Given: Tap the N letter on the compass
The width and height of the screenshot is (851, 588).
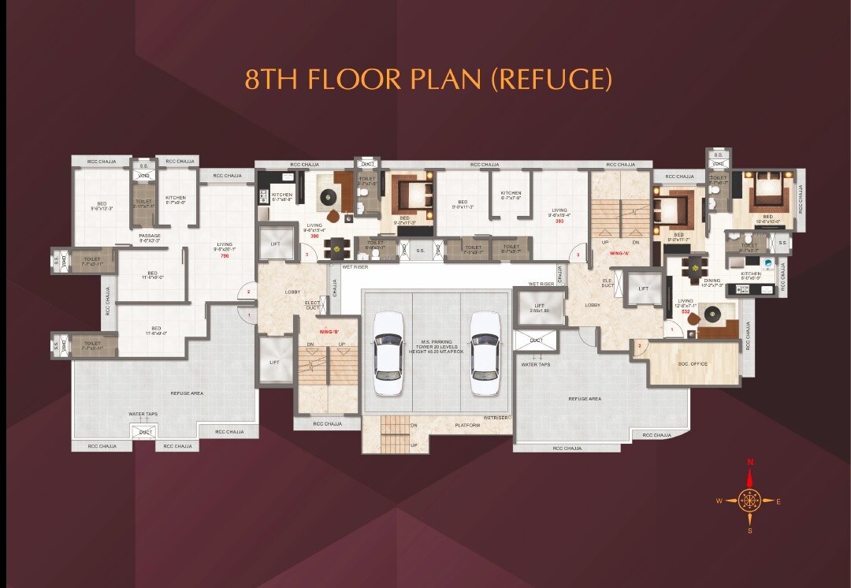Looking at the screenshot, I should click(750, 462).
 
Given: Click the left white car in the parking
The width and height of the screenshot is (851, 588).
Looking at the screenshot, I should click(388, 353).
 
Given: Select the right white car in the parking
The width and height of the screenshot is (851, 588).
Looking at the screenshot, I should click(485, 353).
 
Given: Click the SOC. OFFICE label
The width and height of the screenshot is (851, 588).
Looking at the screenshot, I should click(693, 364).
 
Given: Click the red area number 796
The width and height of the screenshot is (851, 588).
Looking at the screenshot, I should click(225, 255).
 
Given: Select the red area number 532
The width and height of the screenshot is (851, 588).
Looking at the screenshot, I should click(686, 312).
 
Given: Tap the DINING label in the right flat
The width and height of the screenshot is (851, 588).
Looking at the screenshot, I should click(712, 282).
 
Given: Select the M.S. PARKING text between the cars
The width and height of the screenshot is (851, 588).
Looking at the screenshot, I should click(435, 344).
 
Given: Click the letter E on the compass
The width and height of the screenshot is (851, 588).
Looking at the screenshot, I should click(779, 501).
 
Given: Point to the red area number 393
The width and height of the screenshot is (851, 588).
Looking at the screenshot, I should click(559, 221).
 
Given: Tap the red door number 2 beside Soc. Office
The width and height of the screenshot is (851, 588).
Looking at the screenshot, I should click(640, 345).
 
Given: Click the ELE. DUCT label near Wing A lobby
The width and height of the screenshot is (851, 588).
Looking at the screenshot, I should click(608, 282).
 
